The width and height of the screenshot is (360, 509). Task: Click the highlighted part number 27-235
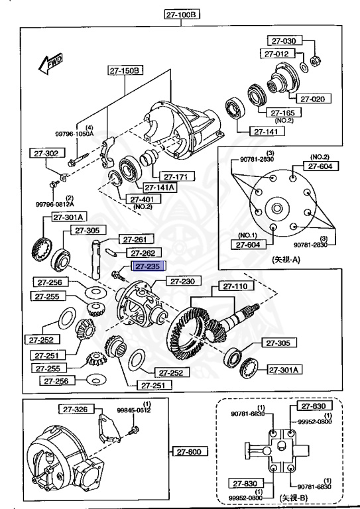point(147,266)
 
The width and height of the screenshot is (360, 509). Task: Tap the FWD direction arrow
point(49,64)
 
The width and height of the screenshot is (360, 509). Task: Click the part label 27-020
point(312,99)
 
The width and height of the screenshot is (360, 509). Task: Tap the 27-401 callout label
point(142,198)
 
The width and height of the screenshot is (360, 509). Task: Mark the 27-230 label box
point(180,282)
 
